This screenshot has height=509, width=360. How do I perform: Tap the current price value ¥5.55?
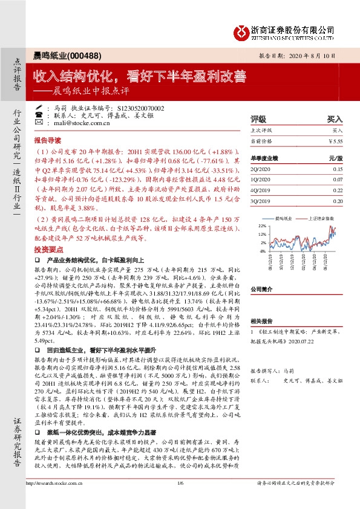335,141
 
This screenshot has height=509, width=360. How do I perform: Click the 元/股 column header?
335,158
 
